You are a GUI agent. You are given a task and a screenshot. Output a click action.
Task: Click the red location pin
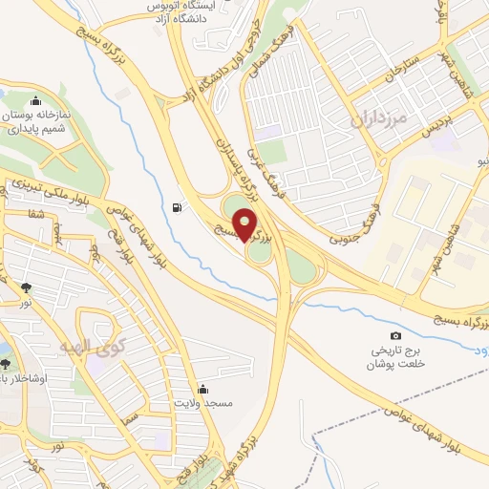click(245, 223)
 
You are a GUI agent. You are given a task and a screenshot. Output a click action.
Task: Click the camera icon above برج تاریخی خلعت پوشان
click(396, 335)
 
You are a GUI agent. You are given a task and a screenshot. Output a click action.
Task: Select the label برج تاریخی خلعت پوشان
click(395, 359)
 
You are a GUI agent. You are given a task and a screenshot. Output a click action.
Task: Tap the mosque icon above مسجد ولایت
click(202, 390)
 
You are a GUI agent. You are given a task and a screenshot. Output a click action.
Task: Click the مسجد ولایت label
click(202, 405)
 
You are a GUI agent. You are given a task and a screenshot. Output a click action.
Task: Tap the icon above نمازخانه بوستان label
click(36, 100)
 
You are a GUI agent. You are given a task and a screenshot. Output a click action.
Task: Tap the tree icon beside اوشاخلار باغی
click(7, 363)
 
